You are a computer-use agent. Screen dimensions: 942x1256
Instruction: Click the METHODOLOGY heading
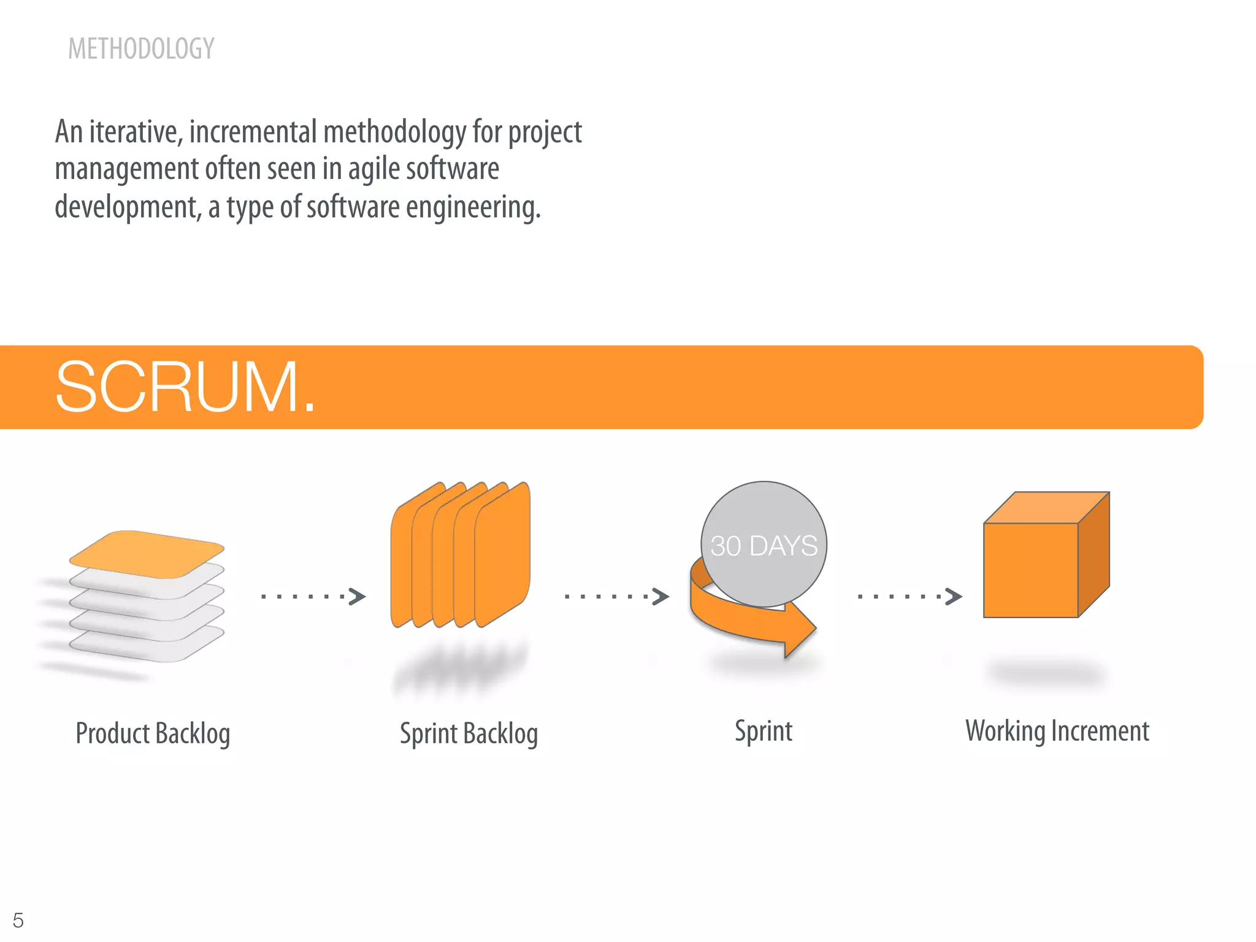tap(141, 49)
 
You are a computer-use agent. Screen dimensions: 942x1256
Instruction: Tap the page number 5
tap(18, 920)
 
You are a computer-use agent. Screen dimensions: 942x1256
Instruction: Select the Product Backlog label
tap(153, 733)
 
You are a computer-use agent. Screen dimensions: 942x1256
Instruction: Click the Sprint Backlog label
tap(469, 733)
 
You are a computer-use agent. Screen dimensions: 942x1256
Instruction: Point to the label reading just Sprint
tap(764, 731)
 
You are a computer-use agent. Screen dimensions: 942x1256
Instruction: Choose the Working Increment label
tap(1057, 731)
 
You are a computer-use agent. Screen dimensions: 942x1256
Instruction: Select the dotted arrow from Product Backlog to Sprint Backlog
tap(313, 596)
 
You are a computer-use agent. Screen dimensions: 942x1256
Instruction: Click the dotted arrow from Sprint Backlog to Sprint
tap(616, 596)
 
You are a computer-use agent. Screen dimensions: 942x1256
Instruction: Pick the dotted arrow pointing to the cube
tap(909, 596)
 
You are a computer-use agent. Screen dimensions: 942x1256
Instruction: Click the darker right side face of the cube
tap(1093, 555)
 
